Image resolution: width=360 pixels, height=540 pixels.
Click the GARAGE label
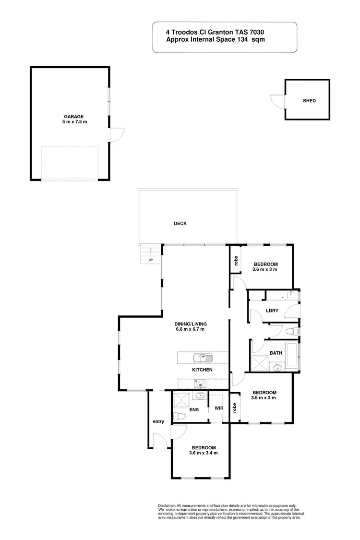74,116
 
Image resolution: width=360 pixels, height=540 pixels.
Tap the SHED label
309,101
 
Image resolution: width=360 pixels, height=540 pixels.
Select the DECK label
180,223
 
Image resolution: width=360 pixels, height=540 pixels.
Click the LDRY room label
273,311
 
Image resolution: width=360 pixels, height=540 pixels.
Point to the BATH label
276,353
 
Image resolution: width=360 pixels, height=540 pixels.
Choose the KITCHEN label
202,370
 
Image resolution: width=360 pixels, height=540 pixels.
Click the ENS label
194,410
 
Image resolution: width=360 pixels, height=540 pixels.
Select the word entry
158,421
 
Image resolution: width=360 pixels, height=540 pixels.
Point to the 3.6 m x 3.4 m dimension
203,453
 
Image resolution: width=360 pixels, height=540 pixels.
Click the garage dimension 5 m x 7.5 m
74,122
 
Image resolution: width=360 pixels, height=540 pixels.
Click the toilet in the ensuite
177,416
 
